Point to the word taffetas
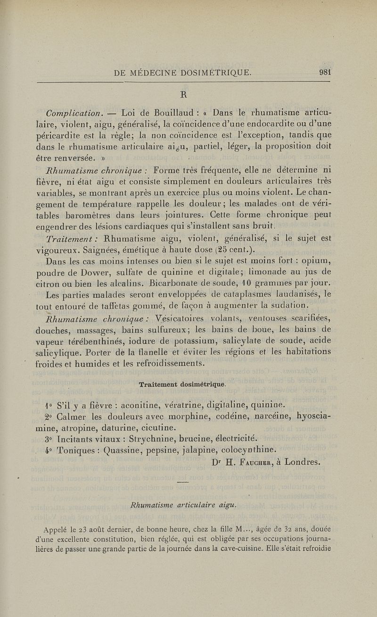(112, 308)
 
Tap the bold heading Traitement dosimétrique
(182, 384)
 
